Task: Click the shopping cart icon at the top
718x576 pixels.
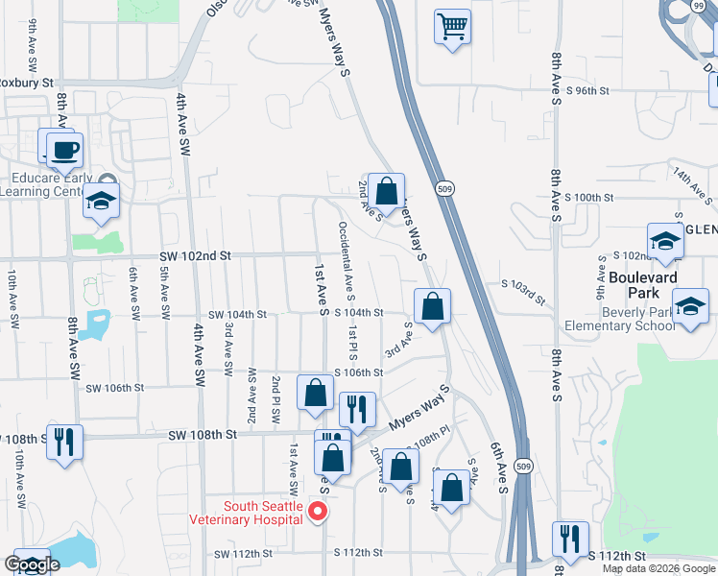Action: click(452, 25)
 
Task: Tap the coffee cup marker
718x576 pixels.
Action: click(64, 150)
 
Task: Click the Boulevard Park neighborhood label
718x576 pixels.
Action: click(643, 277)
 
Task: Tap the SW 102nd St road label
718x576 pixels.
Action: click(196, 256)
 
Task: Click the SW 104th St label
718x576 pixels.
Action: click(237, 314)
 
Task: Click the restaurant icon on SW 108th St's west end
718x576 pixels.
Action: click(64, 443)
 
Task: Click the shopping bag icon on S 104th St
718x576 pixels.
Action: click(433, 307)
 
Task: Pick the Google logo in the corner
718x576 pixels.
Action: click(32, 564)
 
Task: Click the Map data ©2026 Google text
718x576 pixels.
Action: click(658, 568)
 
